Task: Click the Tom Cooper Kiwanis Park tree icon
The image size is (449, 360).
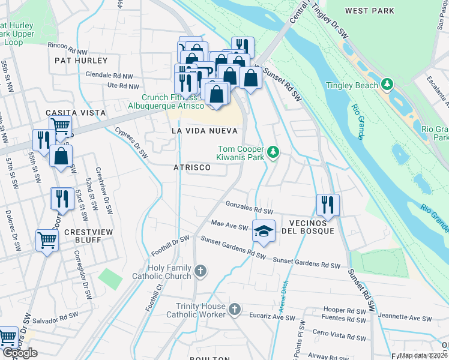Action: [274, 152]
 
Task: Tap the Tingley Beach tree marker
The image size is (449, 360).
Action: [388, 85]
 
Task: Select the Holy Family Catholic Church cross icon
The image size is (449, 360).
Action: [200, 271]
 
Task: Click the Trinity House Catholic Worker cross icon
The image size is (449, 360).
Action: [234, 310]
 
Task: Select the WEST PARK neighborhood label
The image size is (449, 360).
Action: [370, 11]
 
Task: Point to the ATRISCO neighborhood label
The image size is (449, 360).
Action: [192, 167]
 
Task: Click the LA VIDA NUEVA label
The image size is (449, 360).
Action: [204, 130]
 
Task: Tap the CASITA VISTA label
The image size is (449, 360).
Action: [76, 113]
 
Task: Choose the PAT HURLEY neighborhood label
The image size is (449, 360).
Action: [81, 61]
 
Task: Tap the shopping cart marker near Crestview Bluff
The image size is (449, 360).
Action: [46, 241]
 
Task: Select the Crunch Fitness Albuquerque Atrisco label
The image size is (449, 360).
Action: [169, 101]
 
